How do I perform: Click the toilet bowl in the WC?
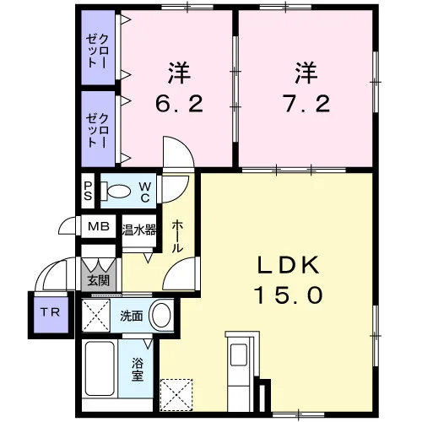tap(119, 192)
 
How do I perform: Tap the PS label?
tap(88, 191)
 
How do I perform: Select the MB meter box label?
tap(99, 226)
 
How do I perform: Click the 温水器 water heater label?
tap(139, 230)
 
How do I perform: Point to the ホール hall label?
tap(178, 236)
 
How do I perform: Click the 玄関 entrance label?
tap(98, 280)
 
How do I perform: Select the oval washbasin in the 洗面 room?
tap(161, 315)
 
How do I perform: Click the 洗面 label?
tap(132, 316)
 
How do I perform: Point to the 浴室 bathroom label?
tap(138, 370)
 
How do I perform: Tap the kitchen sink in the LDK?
tap(239, 354)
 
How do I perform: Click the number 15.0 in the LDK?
tap(289, 295)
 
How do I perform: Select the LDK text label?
tap(289, 265)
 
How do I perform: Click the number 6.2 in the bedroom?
tap(179, 104)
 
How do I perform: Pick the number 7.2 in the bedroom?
tap(306, 104)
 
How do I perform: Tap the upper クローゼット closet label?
tap(97, 51)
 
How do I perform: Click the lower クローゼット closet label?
tap(97, 131)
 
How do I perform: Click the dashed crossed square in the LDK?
tap(176, 395)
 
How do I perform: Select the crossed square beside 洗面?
tap(95, 315)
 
